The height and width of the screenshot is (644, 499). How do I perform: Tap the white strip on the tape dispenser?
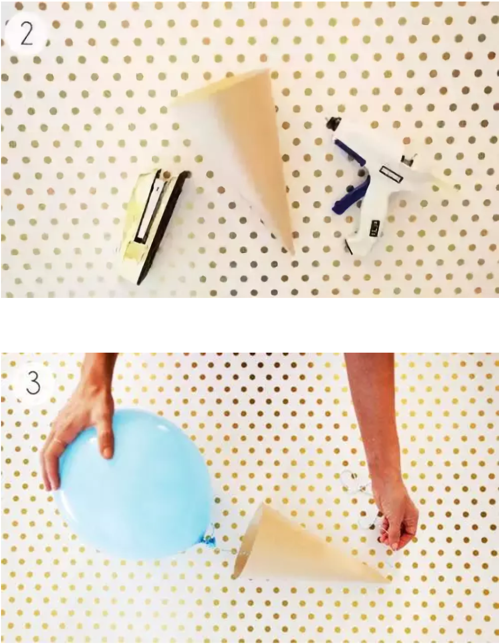tap(148, 207)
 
